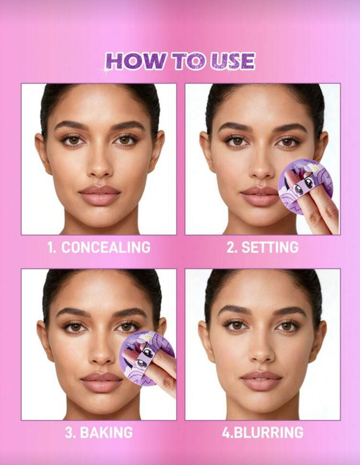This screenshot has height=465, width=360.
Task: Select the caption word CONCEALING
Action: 106,247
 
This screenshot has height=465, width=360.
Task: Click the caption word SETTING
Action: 270,247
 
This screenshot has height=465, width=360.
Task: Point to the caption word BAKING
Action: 107,433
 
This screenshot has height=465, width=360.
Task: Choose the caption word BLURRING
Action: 267,433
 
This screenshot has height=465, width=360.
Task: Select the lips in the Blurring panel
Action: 261,381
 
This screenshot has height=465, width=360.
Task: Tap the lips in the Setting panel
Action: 258,197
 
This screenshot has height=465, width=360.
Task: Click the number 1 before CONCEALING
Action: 51,247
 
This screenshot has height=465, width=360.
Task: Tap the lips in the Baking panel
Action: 102,382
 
